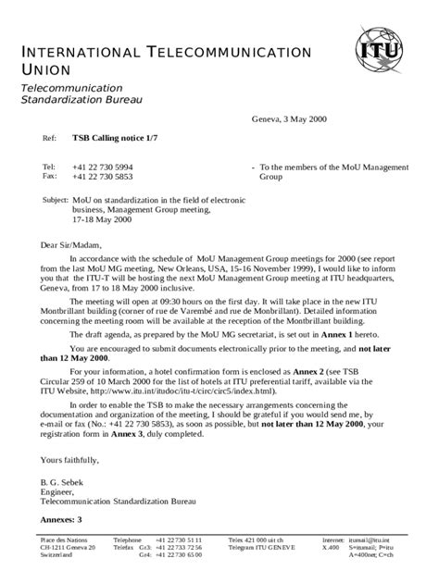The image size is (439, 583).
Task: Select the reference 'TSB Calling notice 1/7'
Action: pyautogui.click(x=115, y=137)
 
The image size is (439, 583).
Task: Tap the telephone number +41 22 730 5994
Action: pyautogui.click(x=104, y=167)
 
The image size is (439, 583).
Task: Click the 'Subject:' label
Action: pyautogui.click(x=56, y=200)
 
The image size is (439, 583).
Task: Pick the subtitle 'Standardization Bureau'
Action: pyautogui.click(x=82, y=99)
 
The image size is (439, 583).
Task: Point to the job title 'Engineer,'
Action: pyautogui.click(x=56, y=491)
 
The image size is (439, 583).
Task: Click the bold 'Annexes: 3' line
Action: pyautogui.click(x=61, y=520)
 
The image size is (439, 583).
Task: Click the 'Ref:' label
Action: pyautogui.click(x=50, y=137)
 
